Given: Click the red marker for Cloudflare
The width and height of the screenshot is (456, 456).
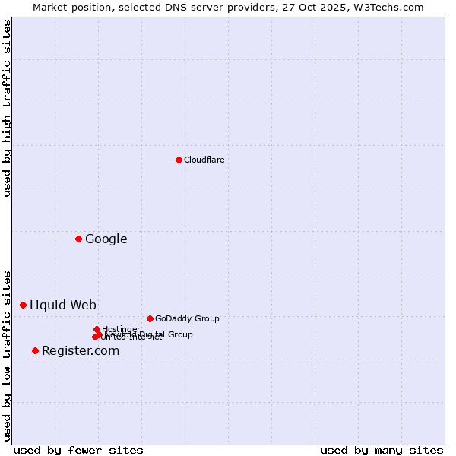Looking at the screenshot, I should coord(179,160).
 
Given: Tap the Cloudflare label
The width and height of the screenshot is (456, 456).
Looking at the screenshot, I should coord(204,160).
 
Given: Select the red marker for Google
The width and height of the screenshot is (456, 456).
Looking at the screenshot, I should coord(78,239).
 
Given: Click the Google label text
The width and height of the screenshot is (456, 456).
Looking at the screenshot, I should coord(106,239).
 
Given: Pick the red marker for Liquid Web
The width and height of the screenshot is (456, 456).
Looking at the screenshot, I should coord(23,305).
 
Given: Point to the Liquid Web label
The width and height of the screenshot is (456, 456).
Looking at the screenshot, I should coord(62,306).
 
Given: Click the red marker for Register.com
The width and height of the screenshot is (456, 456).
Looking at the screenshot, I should coord(35,350).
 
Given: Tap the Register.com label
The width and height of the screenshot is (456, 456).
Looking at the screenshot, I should coord(80,351).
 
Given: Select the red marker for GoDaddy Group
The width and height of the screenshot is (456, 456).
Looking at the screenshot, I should coord(150,318).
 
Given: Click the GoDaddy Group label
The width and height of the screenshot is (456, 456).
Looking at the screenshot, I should coord(186,318).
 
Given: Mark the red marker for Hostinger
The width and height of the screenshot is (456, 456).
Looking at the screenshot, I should coord(97,329).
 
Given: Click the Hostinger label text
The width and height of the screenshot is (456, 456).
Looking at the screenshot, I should coord(121,329).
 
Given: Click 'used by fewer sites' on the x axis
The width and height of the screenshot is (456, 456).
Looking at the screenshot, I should coord(78,450).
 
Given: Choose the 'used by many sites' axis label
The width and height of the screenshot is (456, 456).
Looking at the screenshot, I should coord(382,450).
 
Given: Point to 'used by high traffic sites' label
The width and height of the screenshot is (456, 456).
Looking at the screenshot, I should coord(8,108).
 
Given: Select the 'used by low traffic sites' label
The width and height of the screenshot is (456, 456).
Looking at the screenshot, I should coord(8,355).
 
